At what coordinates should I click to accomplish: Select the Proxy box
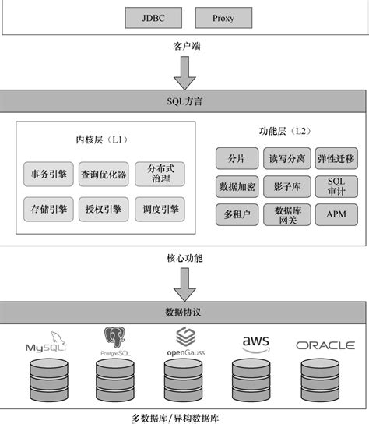point(222,16)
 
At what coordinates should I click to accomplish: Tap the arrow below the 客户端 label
point(185,72)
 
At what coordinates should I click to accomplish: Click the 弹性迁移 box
point(336,159)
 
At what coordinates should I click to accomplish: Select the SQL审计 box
point(336,186)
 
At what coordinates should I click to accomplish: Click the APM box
point(336,214)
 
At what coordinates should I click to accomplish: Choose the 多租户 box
point(237,214)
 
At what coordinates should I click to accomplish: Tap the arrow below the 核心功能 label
point(185,284)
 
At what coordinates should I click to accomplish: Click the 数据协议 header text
point(184,313)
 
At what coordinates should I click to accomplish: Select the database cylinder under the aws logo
point(255,380)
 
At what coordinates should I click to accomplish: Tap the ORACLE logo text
point(325,344)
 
